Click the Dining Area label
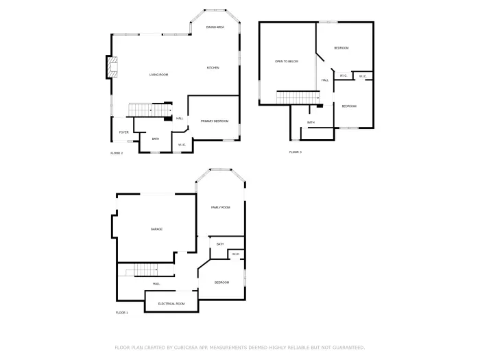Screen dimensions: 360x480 215,27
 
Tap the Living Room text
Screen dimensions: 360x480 159,75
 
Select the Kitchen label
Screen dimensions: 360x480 213,68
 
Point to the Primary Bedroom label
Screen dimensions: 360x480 214,121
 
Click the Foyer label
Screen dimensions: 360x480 123,132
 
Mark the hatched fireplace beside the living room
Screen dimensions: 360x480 111,67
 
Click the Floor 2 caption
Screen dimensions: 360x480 117,153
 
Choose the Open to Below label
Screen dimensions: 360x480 287,62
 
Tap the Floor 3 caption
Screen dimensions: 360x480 295,152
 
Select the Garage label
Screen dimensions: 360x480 156,229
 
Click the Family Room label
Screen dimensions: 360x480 220,207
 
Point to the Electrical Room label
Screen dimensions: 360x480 171,303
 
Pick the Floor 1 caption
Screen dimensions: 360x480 121,313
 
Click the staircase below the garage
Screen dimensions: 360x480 146,270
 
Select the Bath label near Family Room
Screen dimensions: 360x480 220,244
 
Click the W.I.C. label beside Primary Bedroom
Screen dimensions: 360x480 182,145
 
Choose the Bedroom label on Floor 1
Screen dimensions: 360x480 221,283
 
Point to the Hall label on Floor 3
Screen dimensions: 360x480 325,80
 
